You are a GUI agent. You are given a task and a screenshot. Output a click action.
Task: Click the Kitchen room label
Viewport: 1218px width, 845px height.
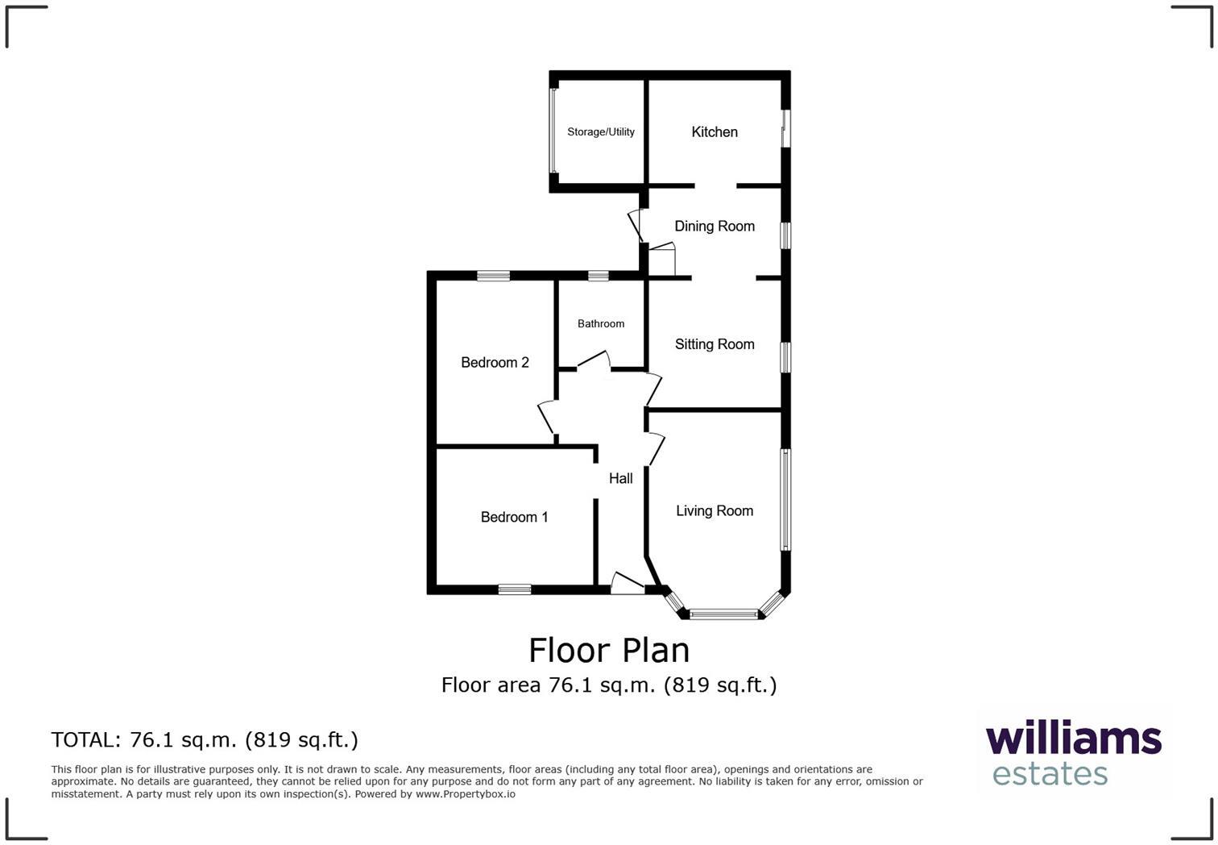pos(715,132)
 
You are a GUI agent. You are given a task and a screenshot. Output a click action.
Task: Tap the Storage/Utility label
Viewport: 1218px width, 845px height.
pos(601,132)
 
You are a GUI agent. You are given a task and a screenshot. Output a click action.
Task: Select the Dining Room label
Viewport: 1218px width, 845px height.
pos(715,227)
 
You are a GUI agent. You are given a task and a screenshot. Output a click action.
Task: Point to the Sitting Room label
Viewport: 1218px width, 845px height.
pos(715,344)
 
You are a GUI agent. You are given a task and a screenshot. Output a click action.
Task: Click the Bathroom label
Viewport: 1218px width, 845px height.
pos(601,324)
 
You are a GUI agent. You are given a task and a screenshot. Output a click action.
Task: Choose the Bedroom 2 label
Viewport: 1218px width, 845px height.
pos(495,363)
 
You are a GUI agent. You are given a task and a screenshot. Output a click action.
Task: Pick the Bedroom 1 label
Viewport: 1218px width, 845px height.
pos(514,517)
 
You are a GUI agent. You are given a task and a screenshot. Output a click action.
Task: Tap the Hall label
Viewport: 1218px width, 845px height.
pos(620,478)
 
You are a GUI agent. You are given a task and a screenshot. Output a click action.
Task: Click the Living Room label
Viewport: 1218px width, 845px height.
pos(715,510)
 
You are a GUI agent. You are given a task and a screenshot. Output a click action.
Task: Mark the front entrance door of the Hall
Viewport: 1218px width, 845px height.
pos(628,584)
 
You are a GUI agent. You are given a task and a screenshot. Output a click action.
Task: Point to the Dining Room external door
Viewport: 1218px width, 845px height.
pos(635,226)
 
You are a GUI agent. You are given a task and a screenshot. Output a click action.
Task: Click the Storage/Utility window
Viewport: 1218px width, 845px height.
pos(553,131)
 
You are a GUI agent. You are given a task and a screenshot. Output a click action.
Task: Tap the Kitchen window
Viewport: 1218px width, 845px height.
pos(785,128)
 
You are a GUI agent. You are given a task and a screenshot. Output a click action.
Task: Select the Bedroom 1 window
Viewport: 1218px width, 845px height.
pos(514,589)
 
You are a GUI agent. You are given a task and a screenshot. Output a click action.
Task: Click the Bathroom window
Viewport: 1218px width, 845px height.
pos(599,276)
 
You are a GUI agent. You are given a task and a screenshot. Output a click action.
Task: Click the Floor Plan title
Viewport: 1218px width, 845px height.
pos(609,650)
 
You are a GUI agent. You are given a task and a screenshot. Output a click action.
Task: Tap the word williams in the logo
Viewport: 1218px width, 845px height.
pos(1073,739)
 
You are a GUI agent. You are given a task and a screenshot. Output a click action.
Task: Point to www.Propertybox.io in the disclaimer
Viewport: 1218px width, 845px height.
pos(465,794)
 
